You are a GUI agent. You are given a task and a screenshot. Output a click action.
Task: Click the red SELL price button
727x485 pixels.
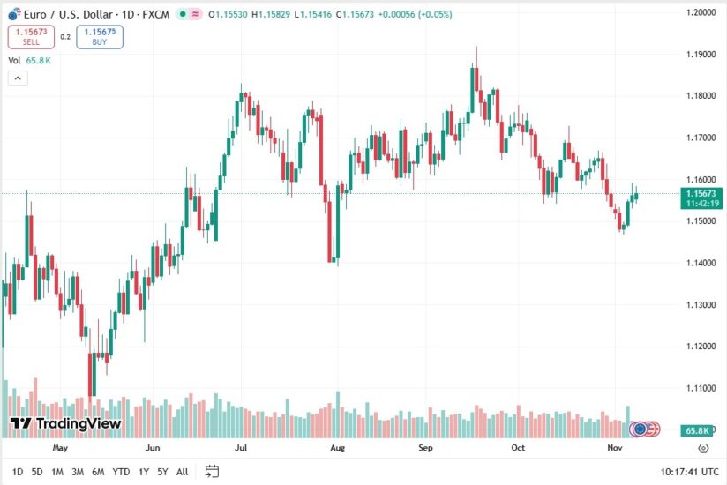tap(31, 36)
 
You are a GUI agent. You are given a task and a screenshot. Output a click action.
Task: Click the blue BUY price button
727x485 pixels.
tap(100, 36)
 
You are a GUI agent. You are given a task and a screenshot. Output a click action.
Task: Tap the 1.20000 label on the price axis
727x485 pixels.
tap(701, 12)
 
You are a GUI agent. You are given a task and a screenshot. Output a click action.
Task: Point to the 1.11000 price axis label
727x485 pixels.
tap(701, 388)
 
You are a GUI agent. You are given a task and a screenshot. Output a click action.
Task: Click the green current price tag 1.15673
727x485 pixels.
tap(701, 192)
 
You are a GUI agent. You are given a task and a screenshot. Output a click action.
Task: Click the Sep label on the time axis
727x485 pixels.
tap(426, 448)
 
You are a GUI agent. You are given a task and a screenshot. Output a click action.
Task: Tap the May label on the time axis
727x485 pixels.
tap(60, 448)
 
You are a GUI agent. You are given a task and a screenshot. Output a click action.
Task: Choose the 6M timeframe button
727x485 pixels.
tap(98, 472)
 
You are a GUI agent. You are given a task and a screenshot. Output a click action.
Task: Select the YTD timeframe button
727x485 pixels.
tap(122, 472)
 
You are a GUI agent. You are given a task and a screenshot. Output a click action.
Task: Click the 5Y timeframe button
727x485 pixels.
tap(162, 472)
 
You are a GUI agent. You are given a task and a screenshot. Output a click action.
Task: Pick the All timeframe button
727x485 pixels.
tap(182, 472)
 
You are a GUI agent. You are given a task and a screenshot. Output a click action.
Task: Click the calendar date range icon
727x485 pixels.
tap(212, 471)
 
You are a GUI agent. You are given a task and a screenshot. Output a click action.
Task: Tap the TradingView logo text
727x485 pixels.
tap(65, 424)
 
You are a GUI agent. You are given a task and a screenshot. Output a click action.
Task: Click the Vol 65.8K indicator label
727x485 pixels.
tap(29, 60)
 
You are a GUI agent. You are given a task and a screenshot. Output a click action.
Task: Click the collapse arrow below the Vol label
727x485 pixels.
tap(18, 78)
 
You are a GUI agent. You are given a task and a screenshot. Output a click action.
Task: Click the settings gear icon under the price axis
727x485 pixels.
tap(702, 448)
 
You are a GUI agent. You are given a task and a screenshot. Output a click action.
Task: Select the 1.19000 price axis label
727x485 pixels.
tap(701, 55)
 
